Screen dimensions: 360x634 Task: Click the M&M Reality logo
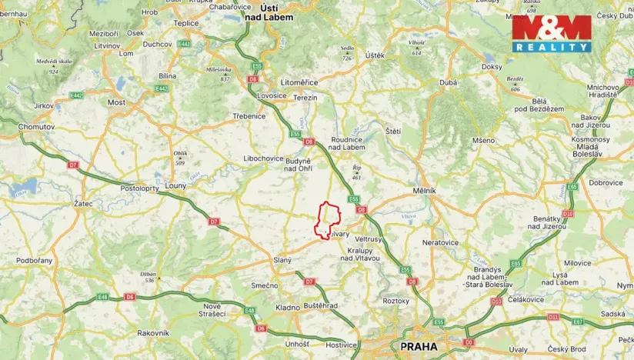(552, 34)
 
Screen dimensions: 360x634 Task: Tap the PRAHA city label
(419, 347)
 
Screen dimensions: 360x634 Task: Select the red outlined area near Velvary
(329, 220)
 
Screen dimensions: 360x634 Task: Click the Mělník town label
(424, 190)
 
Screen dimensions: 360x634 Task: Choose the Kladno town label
(288, 307)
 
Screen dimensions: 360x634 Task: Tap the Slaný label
(282, 260)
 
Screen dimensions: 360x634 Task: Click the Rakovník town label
(152, 333)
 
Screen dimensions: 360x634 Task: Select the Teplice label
(186, 23)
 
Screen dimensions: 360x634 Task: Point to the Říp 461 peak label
(356, 172)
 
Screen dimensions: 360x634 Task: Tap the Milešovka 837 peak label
(219, 74)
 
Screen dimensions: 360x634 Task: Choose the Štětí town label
(393, 132)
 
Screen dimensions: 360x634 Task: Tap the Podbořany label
(35, 260)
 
